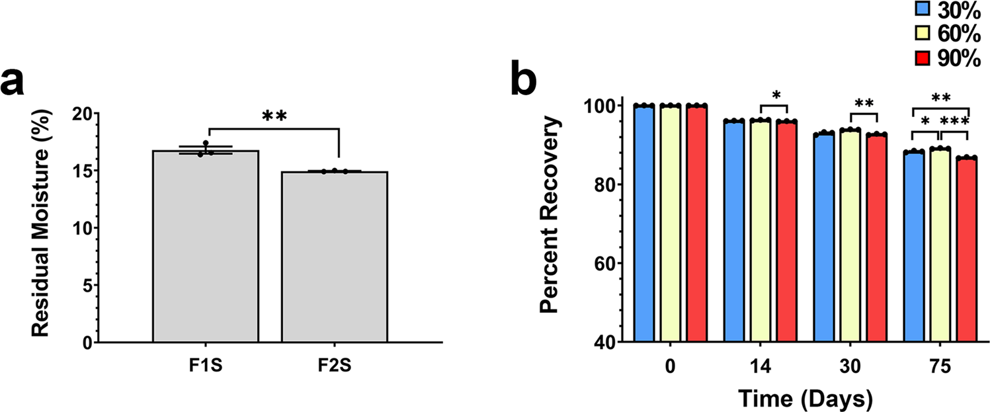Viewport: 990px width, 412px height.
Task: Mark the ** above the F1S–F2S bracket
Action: point(274,116)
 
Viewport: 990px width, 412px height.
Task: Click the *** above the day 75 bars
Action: point(955,122)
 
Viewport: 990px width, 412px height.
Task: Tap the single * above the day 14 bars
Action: point(777,95)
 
